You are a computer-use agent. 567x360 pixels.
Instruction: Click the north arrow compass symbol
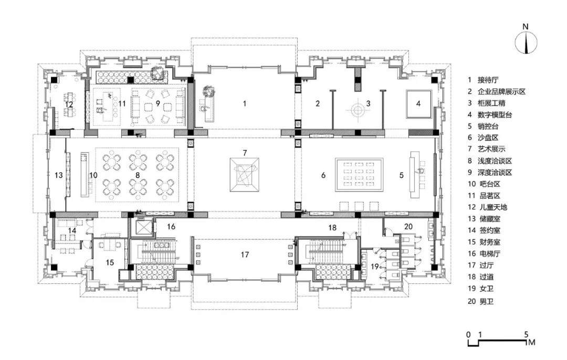point(526,43)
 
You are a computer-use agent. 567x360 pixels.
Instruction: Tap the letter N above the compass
point(526,26)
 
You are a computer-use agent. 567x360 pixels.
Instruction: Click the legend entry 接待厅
point(488,80)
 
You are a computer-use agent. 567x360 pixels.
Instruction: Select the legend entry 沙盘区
point(488,137)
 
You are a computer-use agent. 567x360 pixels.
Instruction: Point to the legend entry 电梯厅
point(488,253)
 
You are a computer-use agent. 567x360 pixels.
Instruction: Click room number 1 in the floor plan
point(245,104)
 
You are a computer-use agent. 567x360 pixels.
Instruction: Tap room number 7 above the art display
point(245,153)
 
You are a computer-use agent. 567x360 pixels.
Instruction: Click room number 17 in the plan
point(245,255)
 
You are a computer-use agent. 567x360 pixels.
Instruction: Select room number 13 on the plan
point(59,175)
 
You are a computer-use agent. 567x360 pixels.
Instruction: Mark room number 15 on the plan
point(110,262)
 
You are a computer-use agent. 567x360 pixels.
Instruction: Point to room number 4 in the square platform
point(418,104)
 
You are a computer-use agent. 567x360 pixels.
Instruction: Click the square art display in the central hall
point(245,175)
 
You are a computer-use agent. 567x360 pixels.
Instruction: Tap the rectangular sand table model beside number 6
point(359,175)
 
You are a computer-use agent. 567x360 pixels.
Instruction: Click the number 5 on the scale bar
point(526,334)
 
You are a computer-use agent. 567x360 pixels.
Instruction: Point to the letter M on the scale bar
point(531,342)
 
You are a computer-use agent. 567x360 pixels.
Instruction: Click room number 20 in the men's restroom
point(408,227)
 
